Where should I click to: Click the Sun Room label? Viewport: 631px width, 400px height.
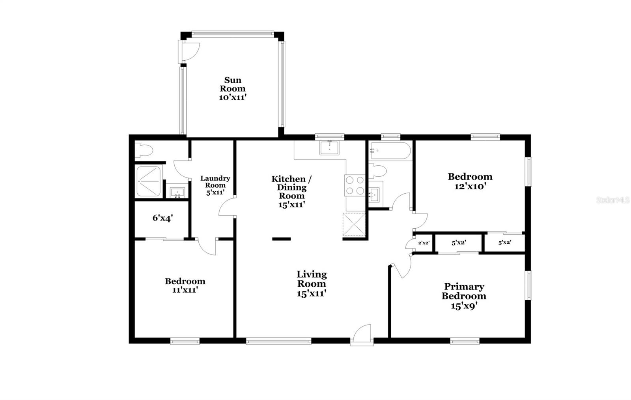tap(233, 84)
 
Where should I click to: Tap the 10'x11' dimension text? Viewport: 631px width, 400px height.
tap(233, 97)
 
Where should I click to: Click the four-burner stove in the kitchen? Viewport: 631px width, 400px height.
tap(354, 185)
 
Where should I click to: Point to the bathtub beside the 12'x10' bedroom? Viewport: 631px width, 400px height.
tap(389, 150)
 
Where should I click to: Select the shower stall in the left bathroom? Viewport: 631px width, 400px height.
tap(148, 182)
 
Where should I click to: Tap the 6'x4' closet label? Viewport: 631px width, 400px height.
tap(162, 218)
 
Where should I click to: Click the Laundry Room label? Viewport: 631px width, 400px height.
tap(215, 182)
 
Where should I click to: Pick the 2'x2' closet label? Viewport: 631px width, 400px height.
tap(424, 243)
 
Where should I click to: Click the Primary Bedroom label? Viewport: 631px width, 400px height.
tap(464, 291)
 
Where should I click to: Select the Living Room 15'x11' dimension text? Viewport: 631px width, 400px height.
tap(311, 293)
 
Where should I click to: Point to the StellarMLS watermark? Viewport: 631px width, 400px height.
tap(612, 200)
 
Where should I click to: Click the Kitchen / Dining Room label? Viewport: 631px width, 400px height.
tap(291, 187)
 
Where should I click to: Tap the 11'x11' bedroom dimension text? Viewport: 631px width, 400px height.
tap(185, 290)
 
